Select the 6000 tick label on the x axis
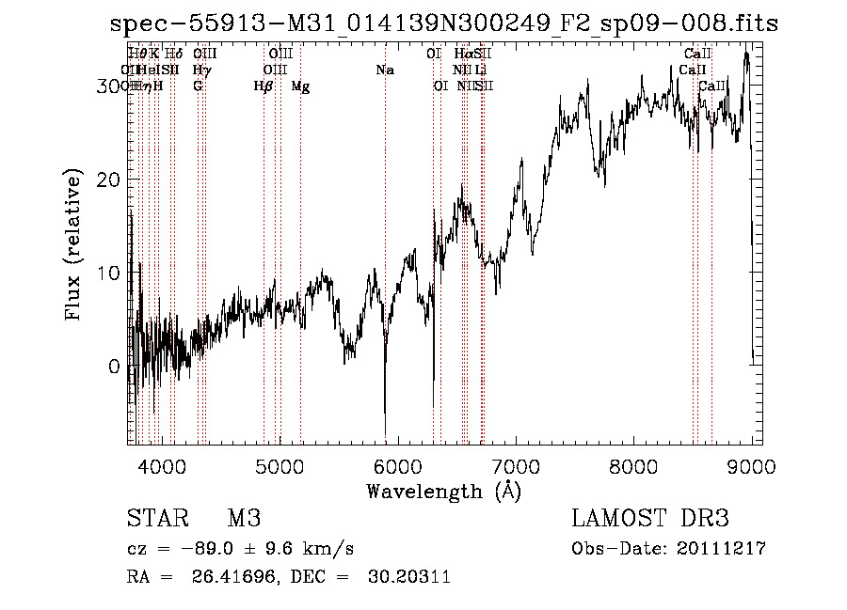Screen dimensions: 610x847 [397, 467]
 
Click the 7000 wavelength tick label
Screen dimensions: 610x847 [516, 467]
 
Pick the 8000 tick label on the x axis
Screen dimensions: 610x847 [633, 467]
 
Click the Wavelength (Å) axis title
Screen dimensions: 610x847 [443, 491]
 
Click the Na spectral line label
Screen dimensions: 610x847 [384, 70]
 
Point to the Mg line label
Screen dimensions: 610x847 [300, 86]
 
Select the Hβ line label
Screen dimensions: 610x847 [264, 86]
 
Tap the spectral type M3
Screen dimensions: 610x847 [243, 519]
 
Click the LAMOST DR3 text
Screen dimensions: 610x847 [649, 519]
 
